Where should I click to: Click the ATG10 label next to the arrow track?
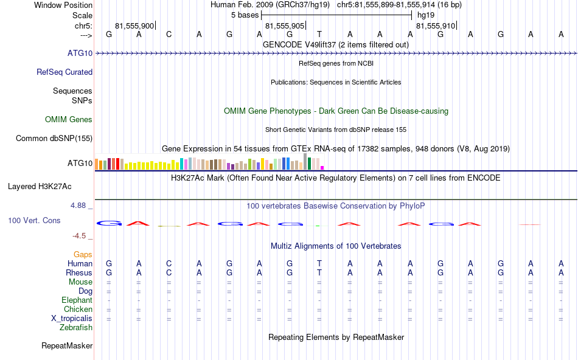point(80,54)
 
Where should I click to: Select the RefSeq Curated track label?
point(64,72)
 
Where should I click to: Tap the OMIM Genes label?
point(69,120)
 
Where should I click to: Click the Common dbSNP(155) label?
point(54,139)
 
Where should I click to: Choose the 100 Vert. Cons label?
point(34,220)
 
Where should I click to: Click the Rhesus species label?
point(79,273)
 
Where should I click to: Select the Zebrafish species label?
point(76,328)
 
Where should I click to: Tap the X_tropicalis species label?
point(72,319)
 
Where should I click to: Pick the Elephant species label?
point(77,300)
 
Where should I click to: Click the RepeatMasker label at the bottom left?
point(67,346)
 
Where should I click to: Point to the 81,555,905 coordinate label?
point(285,26)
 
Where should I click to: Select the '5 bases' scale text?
point(245,15)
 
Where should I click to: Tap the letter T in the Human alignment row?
point(319,264)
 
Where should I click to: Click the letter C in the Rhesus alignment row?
point(169,273)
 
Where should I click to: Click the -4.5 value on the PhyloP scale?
point(80,236)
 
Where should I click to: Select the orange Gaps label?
point(83,254)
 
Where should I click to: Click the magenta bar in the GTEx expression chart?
point(322,168)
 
